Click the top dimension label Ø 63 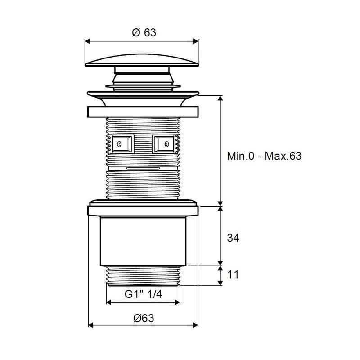144,32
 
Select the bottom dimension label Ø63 144,318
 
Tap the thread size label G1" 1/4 143,294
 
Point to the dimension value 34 233,238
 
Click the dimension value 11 233,274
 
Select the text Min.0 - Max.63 264,156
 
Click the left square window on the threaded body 123,144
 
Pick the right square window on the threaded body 163,144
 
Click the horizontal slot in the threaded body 143,168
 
